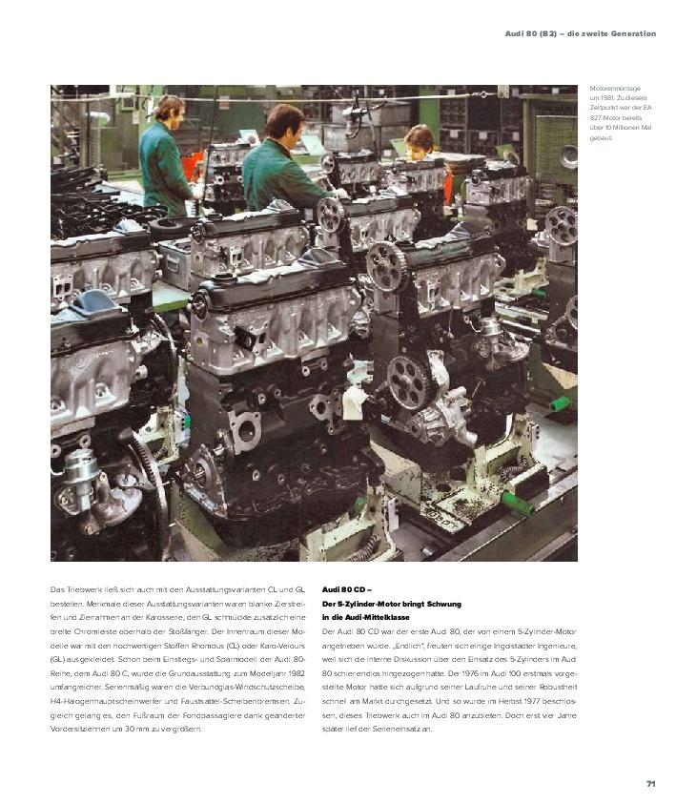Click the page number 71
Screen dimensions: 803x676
tap(650, 784)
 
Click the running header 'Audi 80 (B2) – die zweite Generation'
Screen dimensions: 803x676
tap(580, 34)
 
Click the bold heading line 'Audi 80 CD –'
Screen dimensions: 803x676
tap(347, 590)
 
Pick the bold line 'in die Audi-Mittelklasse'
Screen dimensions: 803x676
tap(366, 617)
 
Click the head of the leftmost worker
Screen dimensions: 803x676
tap(171, 107)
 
